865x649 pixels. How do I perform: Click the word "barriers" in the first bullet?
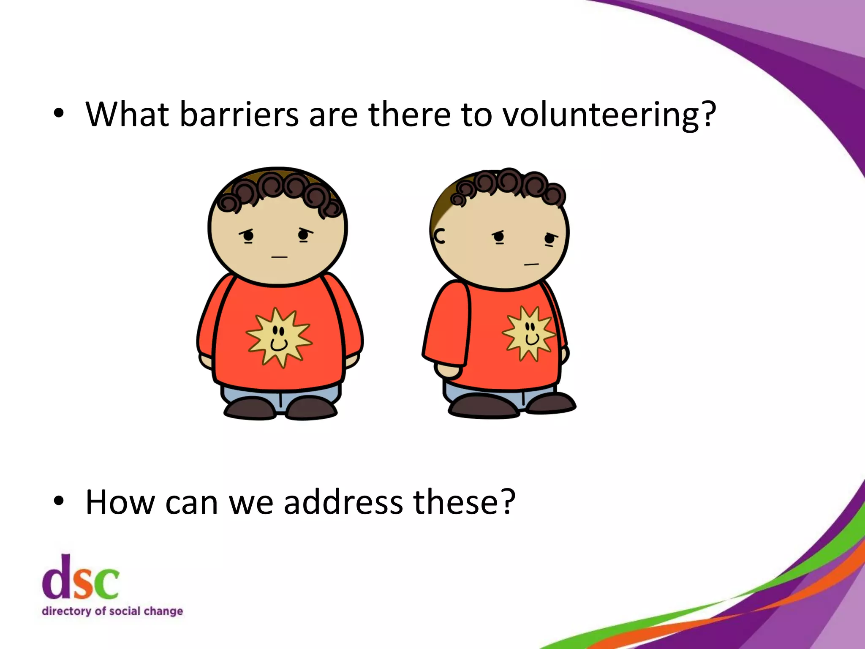pos(239,115)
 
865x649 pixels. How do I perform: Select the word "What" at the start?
pos(127,115)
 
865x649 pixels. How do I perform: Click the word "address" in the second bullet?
pos(343,502)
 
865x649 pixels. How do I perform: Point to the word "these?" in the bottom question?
pos(464,502)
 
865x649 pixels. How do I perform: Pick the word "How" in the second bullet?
pos(120,502)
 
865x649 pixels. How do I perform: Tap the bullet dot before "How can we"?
pos(59,501)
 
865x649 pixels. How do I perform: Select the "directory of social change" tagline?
pos(112,611)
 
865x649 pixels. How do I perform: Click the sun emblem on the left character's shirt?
pos(278,337)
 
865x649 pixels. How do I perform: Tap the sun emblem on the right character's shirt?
pos(528,334)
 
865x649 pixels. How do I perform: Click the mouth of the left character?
pos(279,257)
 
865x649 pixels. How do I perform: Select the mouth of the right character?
pos(531,265)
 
